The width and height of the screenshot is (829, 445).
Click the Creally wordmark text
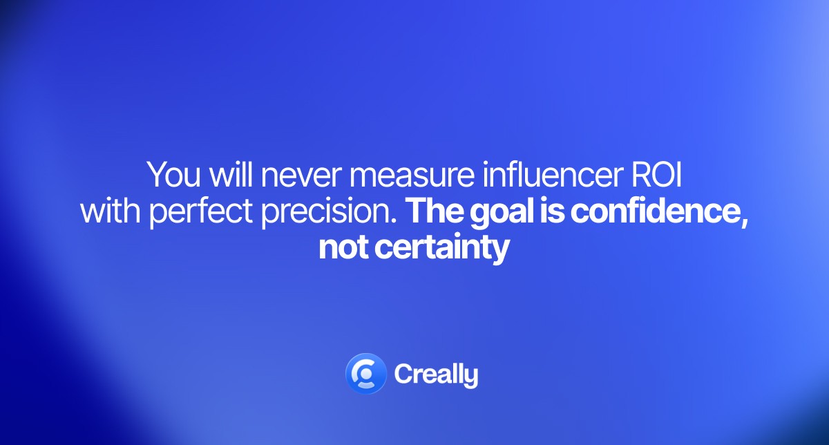pos(436,375)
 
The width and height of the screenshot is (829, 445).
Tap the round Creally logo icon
pos(365,374)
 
